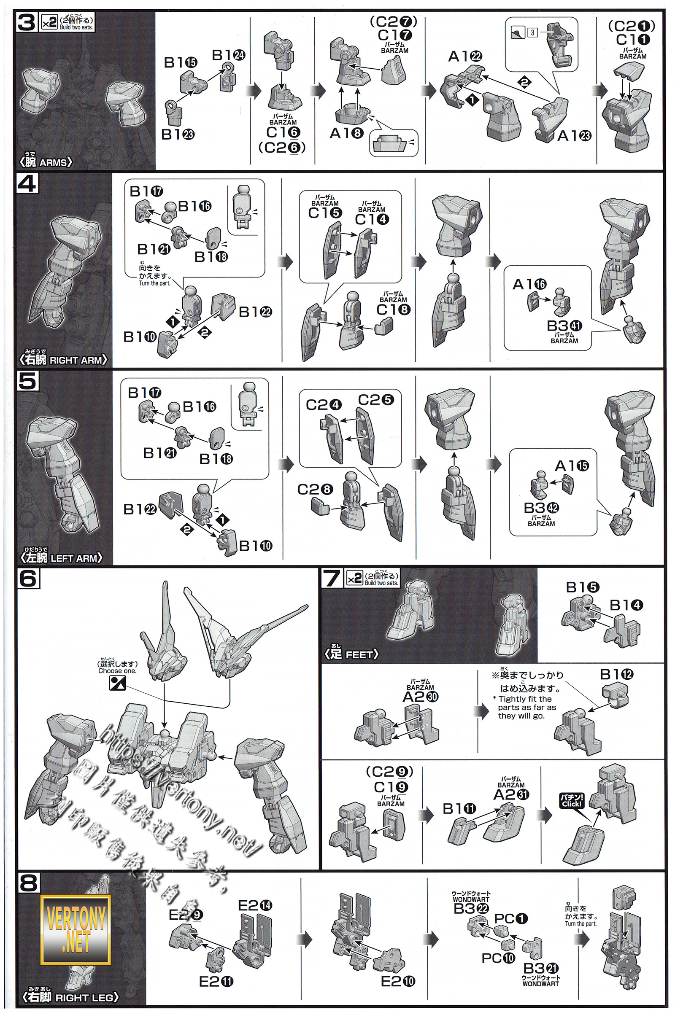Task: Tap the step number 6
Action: pyautogui.click(x=28, y=579)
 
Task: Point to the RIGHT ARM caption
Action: pyautogui.click(x=64, y=360)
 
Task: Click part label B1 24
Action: pyautogui.click(x=229, y=55)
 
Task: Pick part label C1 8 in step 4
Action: pyautogui.click(x=394, y=309)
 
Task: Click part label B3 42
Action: pyautogui.click(x=541, y=508)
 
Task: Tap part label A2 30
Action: pyautogui.click(x=420, y=697)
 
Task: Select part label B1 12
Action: pyautogui.click(x=617, y=675)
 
